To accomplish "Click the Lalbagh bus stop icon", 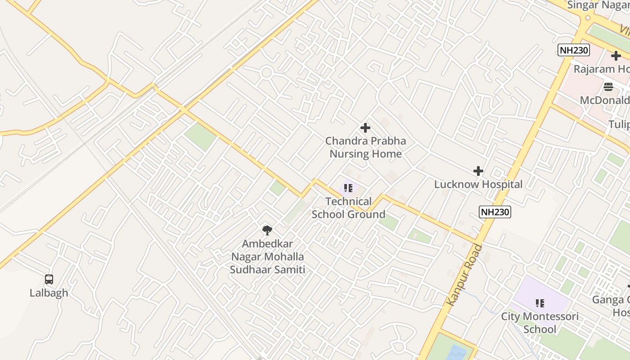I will click(49, 279).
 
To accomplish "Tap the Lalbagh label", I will click(49, 293).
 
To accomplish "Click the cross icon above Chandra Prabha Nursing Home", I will click(365, 128).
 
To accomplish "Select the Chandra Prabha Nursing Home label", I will click(365, 147).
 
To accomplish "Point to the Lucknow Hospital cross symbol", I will click(478, 171).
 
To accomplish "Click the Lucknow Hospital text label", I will click(478, 184).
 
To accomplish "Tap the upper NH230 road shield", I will click(574, 50).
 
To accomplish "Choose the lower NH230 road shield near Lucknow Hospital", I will click(495, 212).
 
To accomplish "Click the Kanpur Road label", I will click(464, 275).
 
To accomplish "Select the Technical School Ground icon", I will click(348, 188).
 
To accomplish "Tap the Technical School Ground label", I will click(349, 207).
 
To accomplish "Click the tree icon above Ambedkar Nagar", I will click(267, 230).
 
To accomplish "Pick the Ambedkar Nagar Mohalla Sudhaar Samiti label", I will click(267, 256).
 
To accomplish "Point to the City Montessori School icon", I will click(540, 303).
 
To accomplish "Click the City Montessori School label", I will click(540, 323).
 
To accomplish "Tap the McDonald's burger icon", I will click(608, 86).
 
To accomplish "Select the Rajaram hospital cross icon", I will click(616, 56).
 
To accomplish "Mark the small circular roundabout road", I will click(266, 72).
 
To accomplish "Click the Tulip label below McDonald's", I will click(619, 124).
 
